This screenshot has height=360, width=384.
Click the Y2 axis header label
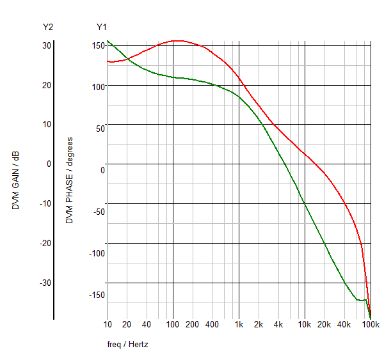point(48,27)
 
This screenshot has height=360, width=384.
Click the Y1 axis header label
point(102,27)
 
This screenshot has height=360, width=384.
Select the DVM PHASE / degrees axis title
point(70,180)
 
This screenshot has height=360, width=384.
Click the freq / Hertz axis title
point(127,344)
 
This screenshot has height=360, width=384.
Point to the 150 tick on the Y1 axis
point(97,45)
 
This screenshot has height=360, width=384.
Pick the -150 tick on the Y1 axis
point(96,295)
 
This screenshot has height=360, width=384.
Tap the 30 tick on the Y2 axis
point(47,45)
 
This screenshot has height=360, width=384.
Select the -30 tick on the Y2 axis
point(45,283)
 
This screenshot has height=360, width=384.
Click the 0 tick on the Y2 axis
point(48,164)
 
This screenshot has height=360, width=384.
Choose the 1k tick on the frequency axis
point(239,325)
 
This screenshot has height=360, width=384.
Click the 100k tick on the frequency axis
point(371,325)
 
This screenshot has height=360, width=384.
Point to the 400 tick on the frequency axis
point(212,325)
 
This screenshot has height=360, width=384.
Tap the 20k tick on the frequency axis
point(324,325)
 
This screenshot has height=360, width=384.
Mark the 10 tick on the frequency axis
point(107,325)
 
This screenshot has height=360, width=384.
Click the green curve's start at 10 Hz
point(108,41)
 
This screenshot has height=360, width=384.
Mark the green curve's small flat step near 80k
point(362,300)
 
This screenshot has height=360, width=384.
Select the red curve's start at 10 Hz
point(108,61)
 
